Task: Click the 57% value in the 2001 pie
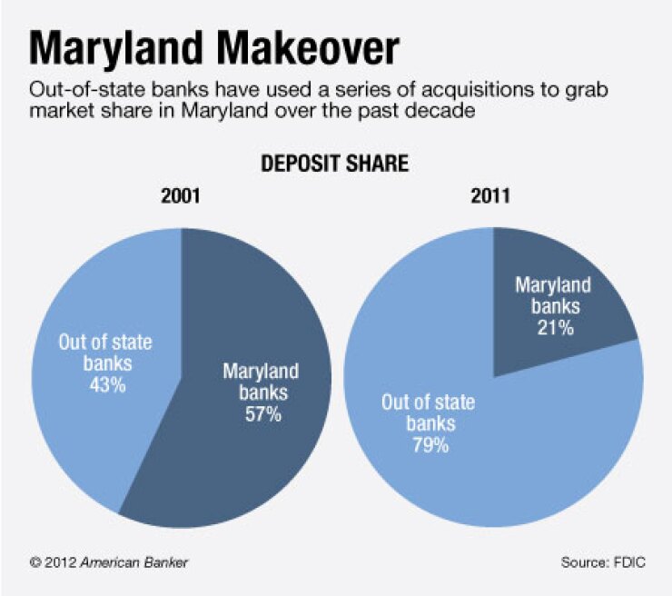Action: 261,415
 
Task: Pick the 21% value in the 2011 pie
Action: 553,328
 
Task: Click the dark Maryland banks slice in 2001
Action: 272,309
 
